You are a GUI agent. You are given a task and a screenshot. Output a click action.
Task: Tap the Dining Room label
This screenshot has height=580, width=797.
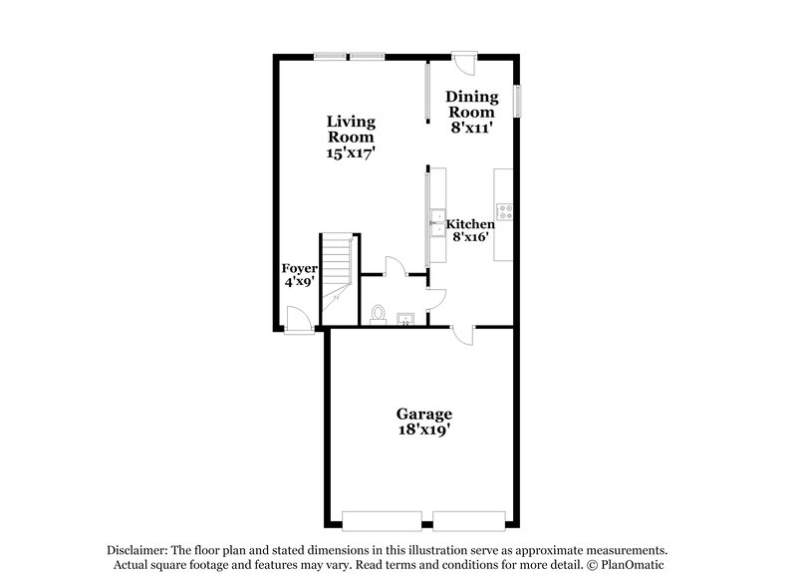pyautogui.click(x=470, y=105)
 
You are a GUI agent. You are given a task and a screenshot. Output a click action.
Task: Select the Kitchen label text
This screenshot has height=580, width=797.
pyautogui.click(x=470, y=224)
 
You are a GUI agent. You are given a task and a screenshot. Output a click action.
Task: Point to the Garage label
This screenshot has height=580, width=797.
pyautogui.click(x=424, y=414)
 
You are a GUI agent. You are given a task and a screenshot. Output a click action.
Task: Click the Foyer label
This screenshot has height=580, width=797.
pyautogui.click(x=299, y=269)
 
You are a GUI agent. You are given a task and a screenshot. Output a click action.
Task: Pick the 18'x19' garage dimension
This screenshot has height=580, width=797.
pyautogui.click(x=424, y=431)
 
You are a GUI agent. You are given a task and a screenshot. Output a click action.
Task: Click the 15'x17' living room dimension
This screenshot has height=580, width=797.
pyautogui.click(x=351, y=153)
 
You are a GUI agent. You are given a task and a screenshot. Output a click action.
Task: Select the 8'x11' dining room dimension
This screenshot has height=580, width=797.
pyautogui.click(x=470, y=128)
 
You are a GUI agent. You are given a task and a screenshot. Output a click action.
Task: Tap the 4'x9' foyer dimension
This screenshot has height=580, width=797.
pyautogui.click(x=299, y=282)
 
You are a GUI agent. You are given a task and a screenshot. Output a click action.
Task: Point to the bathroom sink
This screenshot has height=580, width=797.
pyautogui.click(x=405, y=319)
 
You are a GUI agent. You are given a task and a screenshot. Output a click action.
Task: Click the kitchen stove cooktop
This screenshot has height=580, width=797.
pyautogui.click(x=505, y=211)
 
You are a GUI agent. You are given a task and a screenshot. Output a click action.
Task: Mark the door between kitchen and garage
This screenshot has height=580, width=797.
pyautogui.click(x=461, y=335)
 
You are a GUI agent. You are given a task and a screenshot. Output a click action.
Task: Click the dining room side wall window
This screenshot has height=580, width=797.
pyautogui.click(x=517, y=101)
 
